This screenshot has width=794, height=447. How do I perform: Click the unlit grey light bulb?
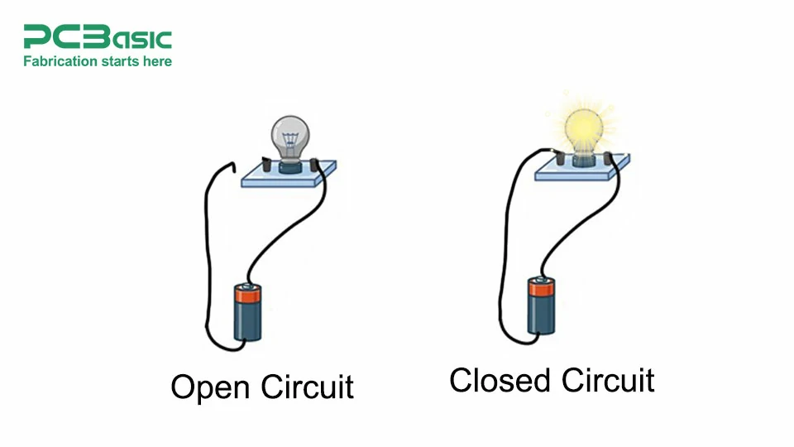[x=290, y=133]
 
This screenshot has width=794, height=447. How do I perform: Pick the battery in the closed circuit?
[x=542, y=306]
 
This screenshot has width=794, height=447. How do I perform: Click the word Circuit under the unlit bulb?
[x=307, y=387]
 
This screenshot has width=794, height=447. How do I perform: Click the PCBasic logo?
[x=98, y=38]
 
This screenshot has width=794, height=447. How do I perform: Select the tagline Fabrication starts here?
[x=98, y=61]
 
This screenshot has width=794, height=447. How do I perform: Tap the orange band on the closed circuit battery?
[x=542, y=287]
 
